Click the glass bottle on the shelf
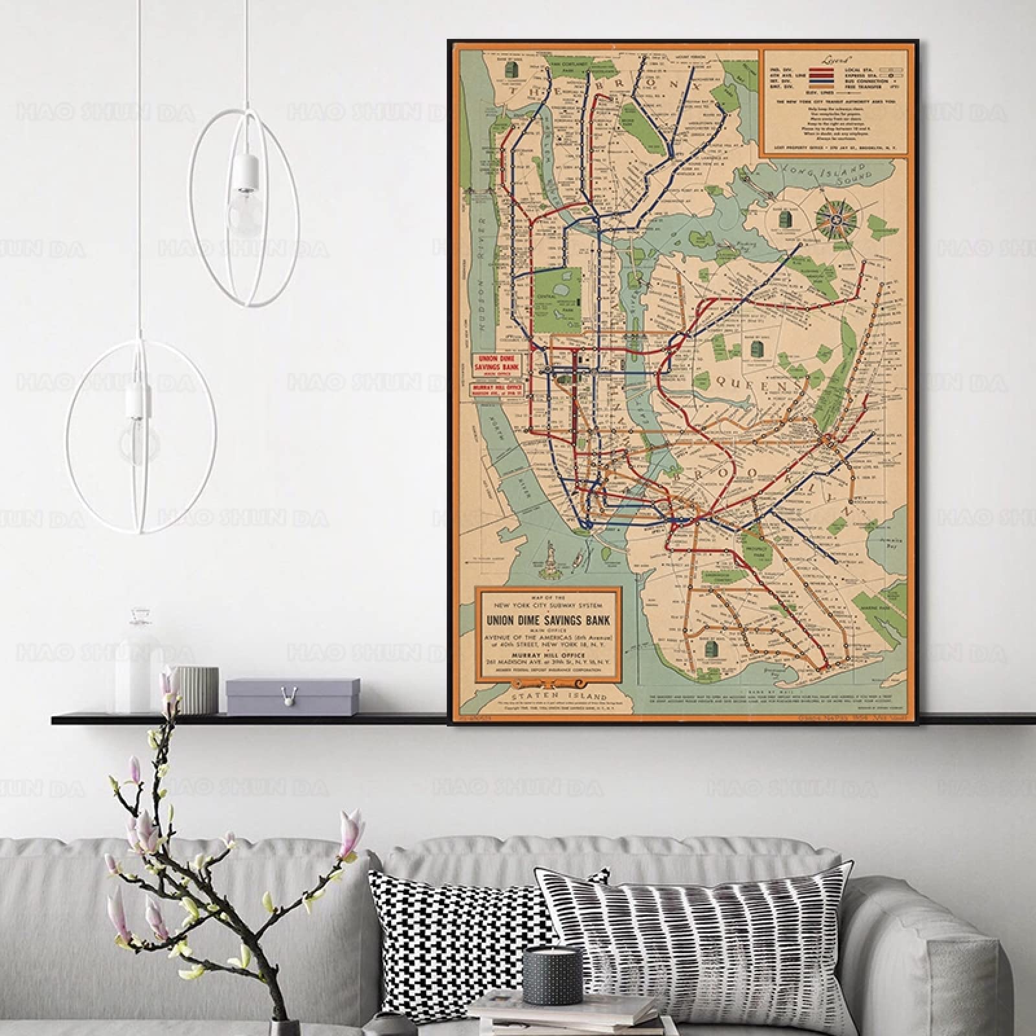point(137,667)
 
